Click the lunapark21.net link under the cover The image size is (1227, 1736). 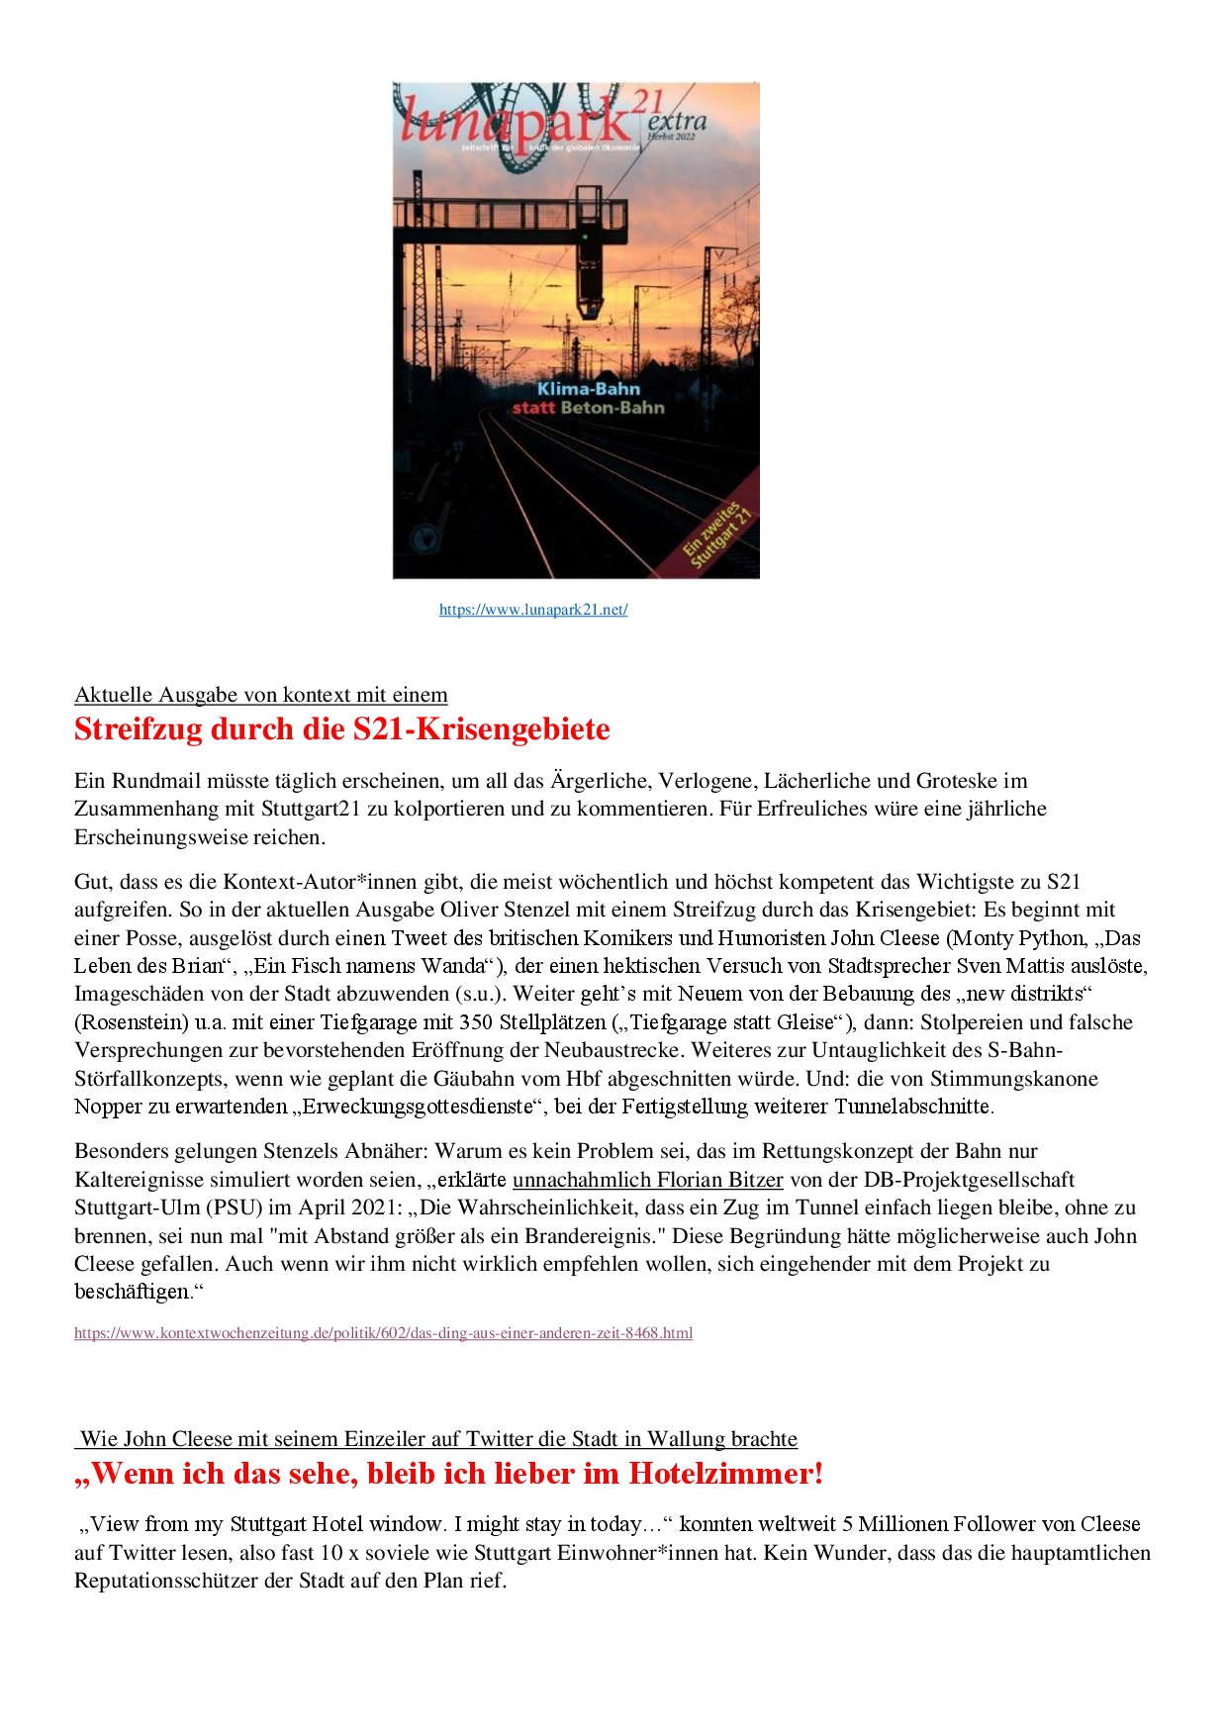(533, 610)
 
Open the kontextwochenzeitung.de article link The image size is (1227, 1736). (383, 1333)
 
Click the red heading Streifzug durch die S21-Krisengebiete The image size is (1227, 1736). (341, 729)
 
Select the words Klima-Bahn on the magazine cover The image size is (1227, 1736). (589, 389)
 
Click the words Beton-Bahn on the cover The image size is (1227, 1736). (613, 408)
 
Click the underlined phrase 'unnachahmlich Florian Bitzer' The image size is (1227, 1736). (647, 1180)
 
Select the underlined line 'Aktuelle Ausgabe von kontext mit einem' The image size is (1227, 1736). (261, 695)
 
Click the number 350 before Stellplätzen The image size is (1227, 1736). (476, 1022)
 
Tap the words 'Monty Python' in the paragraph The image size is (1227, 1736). (1016, 938)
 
